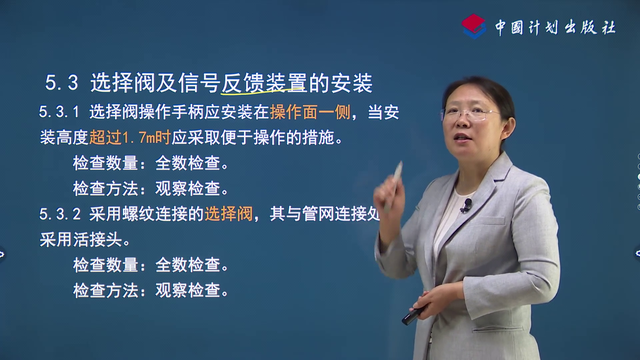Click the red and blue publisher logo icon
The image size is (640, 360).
click(x=474, y=26)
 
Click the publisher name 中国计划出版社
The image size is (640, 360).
click(x=555, y=27)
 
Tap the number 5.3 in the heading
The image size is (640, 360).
click(x=62, y=83)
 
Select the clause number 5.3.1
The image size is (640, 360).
click(x=59, y=112)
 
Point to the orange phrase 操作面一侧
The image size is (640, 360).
click(x=310, y=112)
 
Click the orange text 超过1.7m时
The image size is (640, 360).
click(x=130, y=137)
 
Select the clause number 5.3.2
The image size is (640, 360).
click(x=60, y=214)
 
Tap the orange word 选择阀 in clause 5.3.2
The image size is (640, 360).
click(x=229, y=214)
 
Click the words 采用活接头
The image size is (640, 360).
click(x=81, y=239)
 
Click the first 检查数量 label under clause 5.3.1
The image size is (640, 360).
click(x=105, y=163)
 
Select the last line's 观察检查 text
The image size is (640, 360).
click(x=188, y=290)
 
